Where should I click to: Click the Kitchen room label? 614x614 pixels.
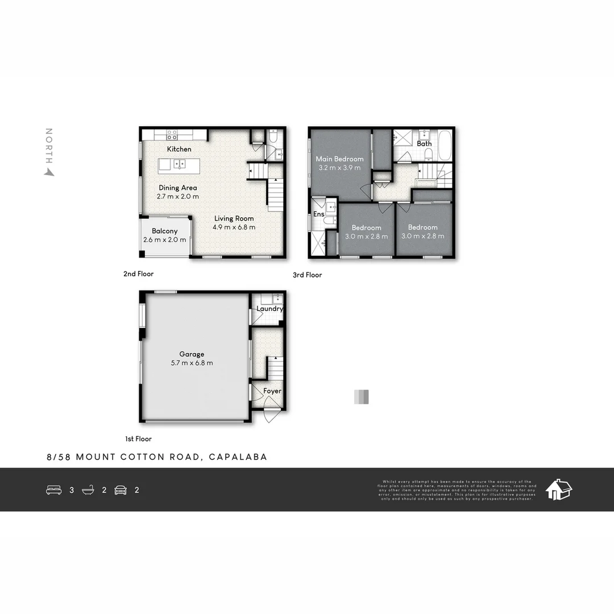coord(179,149)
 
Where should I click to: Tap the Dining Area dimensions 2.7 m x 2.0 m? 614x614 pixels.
coord(178,197)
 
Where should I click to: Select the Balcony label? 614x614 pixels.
coord(164,231)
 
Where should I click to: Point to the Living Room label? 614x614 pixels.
coord(234,218)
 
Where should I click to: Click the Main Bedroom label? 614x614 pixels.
coord(339,159)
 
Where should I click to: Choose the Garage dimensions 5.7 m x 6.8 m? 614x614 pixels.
coord(192,363)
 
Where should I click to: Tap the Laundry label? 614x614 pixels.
coord(269,309)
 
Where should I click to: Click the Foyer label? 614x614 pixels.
coord(272,391)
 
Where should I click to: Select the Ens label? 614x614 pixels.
coord(318,214)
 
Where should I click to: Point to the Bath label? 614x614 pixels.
coord(424,144)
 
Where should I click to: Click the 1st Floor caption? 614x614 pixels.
coord(138,439)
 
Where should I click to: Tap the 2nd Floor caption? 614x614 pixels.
coord(138,274)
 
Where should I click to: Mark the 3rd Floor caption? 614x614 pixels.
coord(307,275)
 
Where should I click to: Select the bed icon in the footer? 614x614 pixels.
coord(53,489)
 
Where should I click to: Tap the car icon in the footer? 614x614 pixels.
coord(121,489)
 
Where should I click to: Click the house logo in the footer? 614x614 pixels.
coord(558,489)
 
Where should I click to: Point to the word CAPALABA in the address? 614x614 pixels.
coord(238,457)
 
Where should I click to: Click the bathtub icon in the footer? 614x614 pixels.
coord(88,489)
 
